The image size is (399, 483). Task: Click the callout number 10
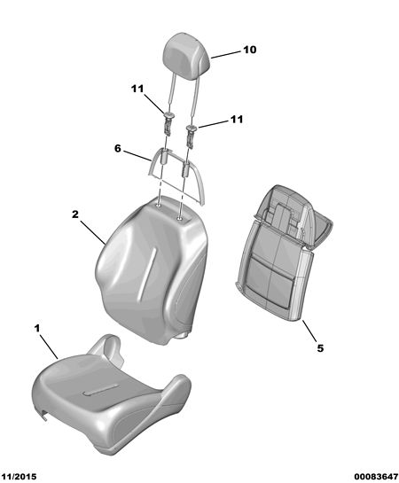(x=249, y=50)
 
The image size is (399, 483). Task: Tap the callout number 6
(x=118, y=149)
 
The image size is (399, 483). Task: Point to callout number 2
(x=75, y=214)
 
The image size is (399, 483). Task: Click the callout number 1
(x=37, y=329)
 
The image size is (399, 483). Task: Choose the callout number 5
(x=320, y=348)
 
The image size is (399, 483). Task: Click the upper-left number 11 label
(x=137, y=89)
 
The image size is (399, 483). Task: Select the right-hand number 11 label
(x=237, y=120)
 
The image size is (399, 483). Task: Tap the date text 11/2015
(x=19, y=477)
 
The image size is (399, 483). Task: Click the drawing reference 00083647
(x=376, y=477)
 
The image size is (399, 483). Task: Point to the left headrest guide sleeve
(x=168, y=123)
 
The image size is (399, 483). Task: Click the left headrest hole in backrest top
(x=158, y=206)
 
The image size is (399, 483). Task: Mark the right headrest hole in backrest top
(x=179, y=219)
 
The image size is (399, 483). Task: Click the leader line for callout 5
(x=309, y=331)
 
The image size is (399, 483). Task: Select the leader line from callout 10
(x=225, y=55)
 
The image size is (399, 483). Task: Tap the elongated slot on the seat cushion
(x=100, y=390)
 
